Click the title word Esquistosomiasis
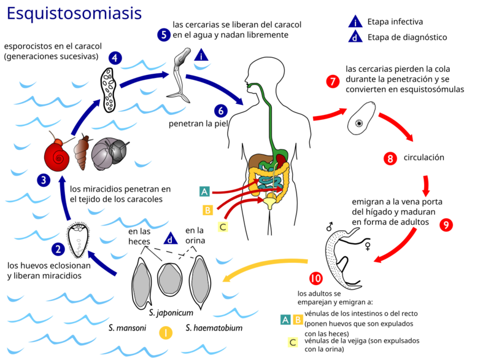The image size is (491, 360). [x=74, y=14]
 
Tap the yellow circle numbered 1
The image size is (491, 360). [x=166, y=333]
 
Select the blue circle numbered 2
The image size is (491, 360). [x=58, y=249]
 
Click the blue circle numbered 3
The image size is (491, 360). [x=43, y=180]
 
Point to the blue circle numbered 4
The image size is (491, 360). [x=115, y=58]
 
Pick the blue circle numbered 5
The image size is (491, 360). [x=163, y=34]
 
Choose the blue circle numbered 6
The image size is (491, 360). [x=222, y=111]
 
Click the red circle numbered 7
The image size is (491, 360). [x=333, y=81]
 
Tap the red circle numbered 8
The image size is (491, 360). [x=390, y=158]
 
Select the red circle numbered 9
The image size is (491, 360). [x=446, y=225]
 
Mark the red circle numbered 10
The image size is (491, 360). [x=315, y=278]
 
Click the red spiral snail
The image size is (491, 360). [x=57, y=157]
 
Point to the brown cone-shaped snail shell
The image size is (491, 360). [x=81, y=154]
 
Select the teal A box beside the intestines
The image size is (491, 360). [x=205, y=192]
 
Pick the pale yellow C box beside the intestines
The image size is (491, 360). [x=223, y=227]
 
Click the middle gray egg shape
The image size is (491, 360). [x=170, y=279]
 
